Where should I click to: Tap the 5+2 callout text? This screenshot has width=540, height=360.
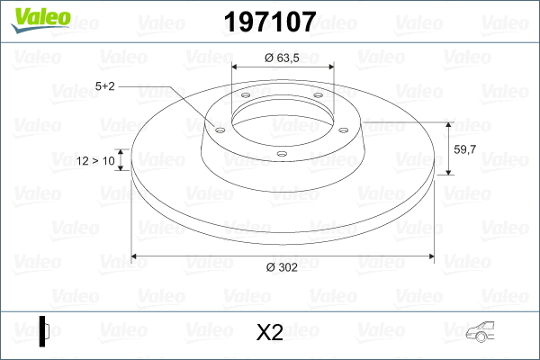[104, 86]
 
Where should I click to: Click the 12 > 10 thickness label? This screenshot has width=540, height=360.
[95, 161]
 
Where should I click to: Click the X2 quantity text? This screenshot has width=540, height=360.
[270, 333]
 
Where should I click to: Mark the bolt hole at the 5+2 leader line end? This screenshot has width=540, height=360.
[218, 129]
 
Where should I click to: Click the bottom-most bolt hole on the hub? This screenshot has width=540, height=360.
[282, 154]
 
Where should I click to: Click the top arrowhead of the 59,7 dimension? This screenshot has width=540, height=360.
[449, 124]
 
